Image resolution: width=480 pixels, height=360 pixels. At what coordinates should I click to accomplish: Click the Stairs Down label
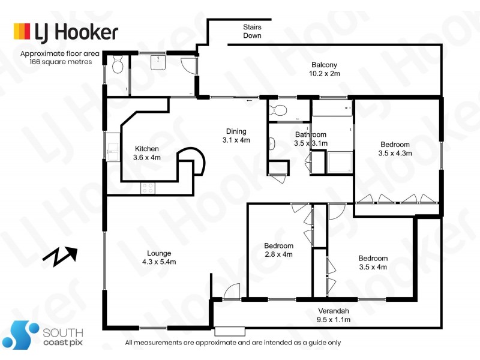252,31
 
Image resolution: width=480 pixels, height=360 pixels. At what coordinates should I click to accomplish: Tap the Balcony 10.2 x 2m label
324,70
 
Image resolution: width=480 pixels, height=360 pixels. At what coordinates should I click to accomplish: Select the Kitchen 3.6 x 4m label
147,153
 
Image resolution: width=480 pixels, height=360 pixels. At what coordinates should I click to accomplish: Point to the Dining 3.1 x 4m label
236,136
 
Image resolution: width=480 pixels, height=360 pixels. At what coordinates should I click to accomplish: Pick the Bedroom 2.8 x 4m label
279,250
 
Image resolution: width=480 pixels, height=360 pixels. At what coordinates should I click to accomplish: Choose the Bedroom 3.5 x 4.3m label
395,148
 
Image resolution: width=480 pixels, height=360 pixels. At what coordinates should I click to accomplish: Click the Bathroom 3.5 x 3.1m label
310,139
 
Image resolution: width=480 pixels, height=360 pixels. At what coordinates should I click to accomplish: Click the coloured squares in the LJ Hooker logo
22,31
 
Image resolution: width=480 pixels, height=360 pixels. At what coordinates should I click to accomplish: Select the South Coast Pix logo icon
23,334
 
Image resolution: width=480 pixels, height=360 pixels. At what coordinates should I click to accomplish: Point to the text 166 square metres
56,61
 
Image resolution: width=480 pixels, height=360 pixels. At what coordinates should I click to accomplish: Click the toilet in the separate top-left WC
117,64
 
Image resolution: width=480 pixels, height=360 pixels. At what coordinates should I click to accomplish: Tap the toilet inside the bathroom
278,110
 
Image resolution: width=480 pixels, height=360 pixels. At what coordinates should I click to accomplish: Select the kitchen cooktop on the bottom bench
148,188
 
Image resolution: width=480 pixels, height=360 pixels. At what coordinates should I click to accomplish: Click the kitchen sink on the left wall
112,148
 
